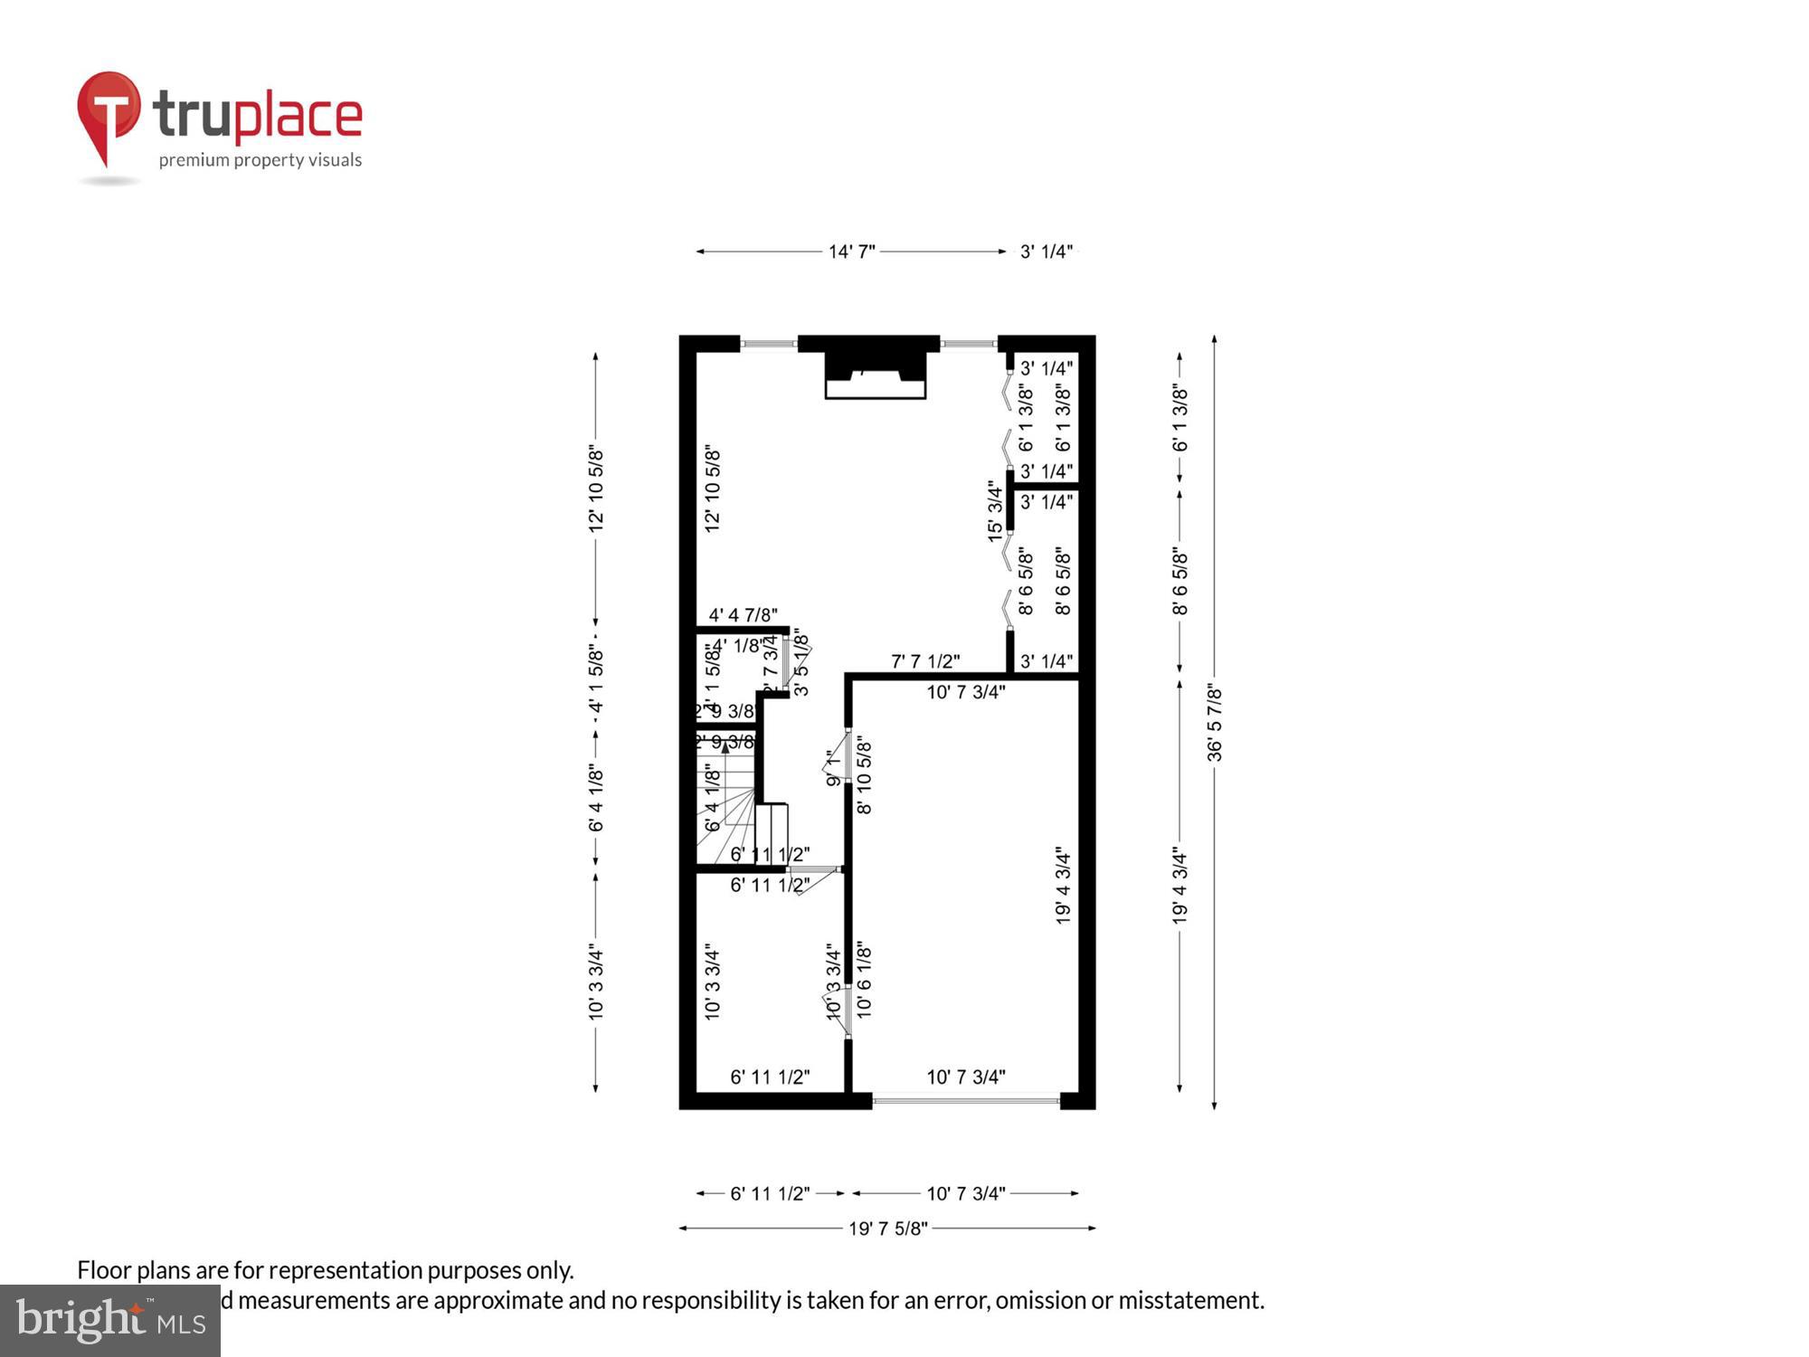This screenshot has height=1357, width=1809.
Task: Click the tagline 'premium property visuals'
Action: coord(260,160)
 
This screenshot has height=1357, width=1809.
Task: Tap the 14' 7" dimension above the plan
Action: coord(852,251)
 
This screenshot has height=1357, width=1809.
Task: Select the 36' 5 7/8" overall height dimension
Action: coord(1215,723)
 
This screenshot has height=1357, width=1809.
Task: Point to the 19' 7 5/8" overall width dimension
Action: coord(887,1229)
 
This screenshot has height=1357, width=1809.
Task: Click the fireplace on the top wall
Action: coord(875,375)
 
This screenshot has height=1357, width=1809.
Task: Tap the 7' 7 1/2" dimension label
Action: coord(925,661)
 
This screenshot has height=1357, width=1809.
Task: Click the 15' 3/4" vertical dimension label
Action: coord(995,512)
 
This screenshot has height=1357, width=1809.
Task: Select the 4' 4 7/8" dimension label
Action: coord(743,615)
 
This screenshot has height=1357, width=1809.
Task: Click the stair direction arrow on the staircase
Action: coord(725,747)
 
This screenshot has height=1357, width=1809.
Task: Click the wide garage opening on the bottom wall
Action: coord(966,1101)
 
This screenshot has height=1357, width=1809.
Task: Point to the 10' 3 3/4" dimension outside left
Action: coord(596,982)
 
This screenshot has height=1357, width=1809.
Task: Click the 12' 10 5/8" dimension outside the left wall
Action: coord(596,489)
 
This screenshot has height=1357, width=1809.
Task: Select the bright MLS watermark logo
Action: coord(110,1321)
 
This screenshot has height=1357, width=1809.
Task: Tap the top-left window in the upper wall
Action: coord(769,344)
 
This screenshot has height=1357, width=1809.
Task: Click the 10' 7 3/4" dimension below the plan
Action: coord(965,1193)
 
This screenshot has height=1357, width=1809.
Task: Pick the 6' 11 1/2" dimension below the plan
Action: coord(770,1193)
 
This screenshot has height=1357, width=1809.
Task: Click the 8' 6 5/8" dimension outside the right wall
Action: coord(1180,581)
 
